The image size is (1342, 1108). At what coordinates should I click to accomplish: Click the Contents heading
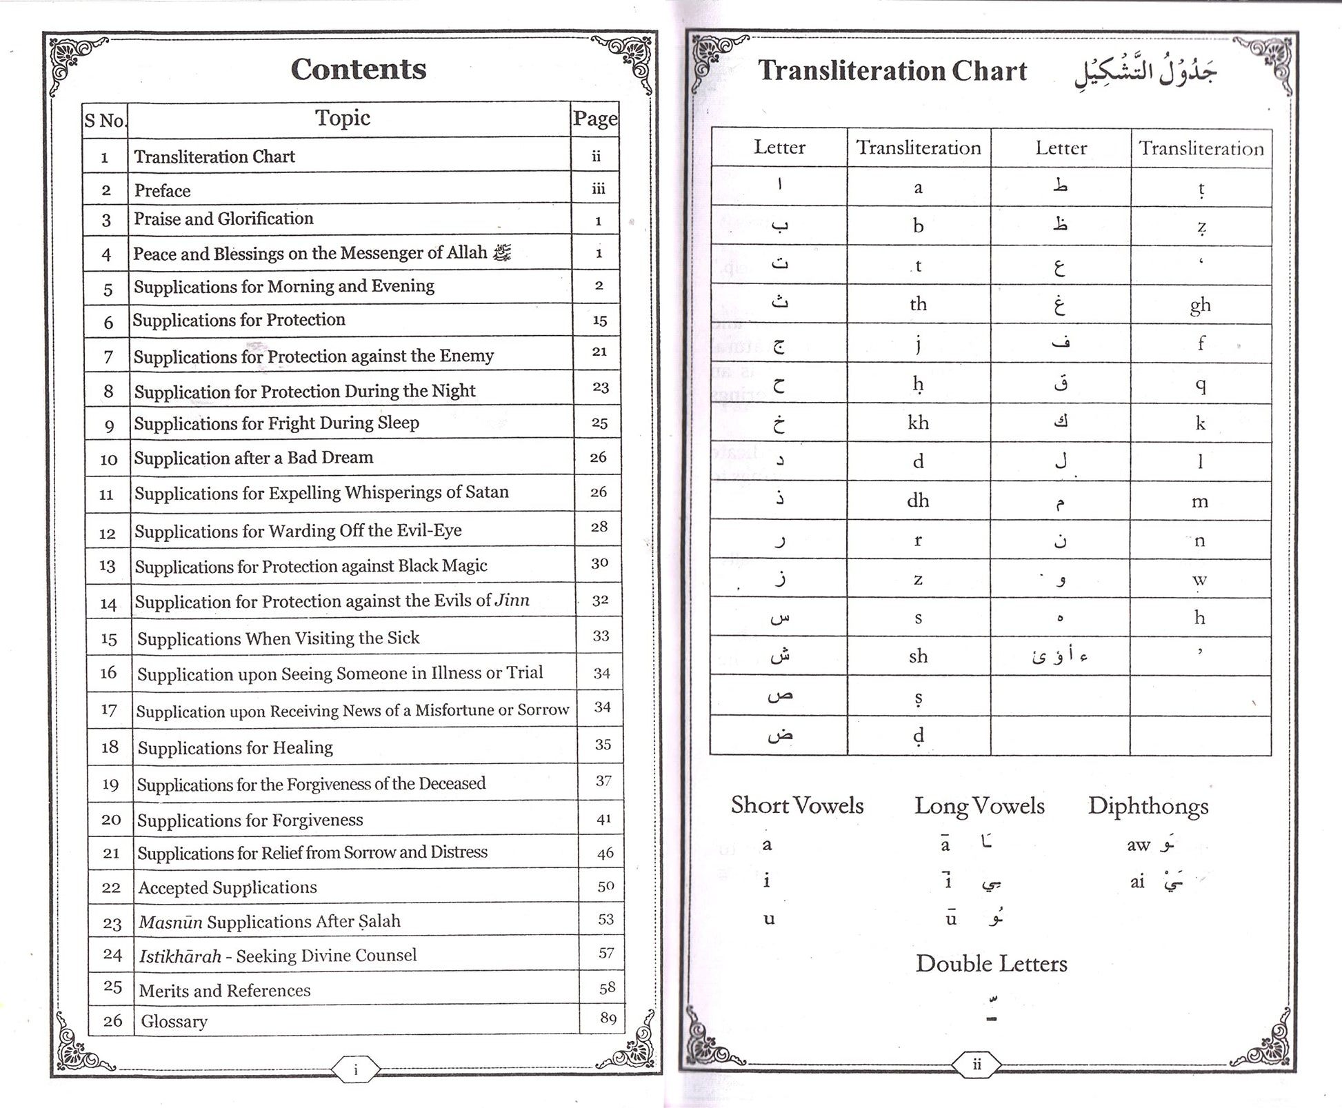[x=358, y=69]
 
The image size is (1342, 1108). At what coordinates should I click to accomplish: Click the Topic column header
[x=343, y=118]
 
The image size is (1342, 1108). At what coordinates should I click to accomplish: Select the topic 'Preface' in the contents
[x=162, y=190]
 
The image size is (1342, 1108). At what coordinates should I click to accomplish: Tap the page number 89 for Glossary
[x=608, y=1018]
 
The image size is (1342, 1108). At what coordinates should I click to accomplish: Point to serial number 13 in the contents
[x=107, y=566]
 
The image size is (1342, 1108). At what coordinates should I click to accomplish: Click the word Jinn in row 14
[x=512, y=600]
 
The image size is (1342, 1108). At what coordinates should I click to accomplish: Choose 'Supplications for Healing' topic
[x=235, y=747]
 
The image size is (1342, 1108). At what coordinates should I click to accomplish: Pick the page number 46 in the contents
[x=605, y=853]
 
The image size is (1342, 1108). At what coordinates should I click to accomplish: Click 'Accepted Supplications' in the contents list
[x=228, y=887]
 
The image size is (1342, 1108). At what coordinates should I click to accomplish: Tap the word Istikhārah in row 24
[x=180, y=956]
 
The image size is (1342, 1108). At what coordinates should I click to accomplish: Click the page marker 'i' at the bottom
[x=355, y=1070]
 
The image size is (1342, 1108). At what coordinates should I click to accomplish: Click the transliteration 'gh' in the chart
[x=1200, y=305]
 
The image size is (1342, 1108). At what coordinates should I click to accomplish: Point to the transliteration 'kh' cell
[x=918, y=422]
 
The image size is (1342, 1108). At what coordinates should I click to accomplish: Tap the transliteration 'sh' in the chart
[x=918, y=656]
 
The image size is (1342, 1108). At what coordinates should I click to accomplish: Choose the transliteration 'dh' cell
[x=918, y=500]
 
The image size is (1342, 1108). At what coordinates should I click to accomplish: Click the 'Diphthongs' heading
[x=1148, y=806]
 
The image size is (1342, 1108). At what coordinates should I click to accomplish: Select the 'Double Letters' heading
[x=991, y=963]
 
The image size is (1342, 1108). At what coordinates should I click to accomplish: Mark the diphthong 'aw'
[x=1139, y=845]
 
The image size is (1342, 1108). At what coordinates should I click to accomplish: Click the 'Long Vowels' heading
[x=979, y=805]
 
